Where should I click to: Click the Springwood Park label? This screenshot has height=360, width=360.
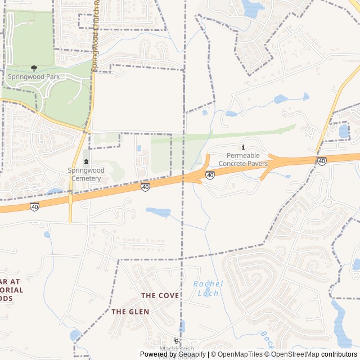click(33, 76)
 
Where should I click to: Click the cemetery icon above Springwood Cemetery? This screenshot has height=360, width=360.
click(85, 163)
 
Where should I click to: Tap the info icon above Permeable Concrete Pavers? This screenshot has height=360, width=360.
click(243, 147)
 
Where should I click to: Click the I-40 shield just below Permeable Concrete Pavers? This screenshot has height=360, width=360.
click(210, 175)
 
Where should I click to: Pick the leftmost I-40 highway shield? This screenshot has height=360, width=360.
click(34, 206)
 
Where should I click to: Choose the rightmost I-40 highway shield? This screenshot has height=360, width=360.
click(322, 161)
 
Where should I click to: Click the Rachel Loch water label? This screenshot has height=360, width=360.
click(208, 289)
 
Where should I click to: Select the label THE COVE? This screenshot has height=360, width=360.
click(160, 295)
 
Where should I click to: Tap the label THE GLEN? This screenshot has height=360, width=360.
click(130, 312)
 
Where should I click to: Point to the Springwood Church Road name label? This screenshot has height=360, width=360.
click(95, 34)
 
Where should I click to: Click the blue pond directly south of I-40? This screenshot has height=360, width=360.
click(158, 212)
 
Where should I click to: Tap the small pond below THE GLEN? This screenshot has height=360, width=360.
click(75, 336)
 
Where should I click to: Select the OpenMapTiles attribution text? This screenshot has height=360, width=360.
click(240, 354)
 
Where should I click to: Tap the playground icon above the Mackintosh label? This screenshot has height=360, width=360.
click(177, 341)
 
